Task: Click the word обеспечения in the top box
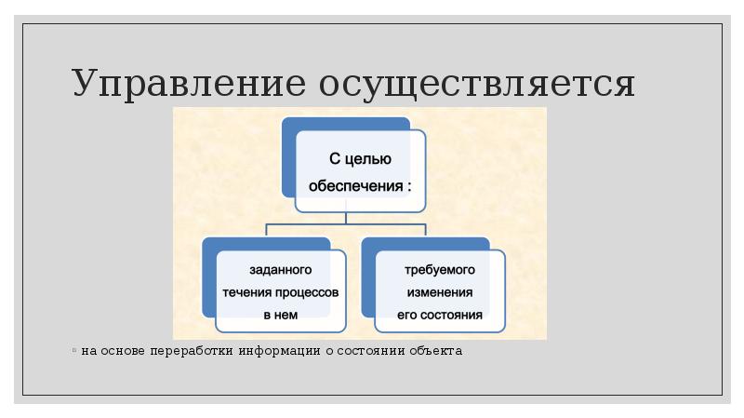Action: point(353,184)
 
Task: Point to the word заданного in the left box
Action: point(280,270)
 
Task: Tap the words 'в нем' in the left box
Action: point(280,315)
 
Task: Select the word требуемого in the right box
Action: point(440,270)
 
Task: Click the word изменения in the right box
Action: point(440,291)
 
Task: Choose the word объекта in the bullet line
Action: point(434,352)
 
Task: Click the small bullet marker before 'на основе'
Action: point(74,352)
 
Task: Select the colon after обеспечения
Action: point(408,185)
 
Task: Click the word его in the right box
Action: point(406,315)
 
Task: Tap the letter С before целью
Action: point(337,159)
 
